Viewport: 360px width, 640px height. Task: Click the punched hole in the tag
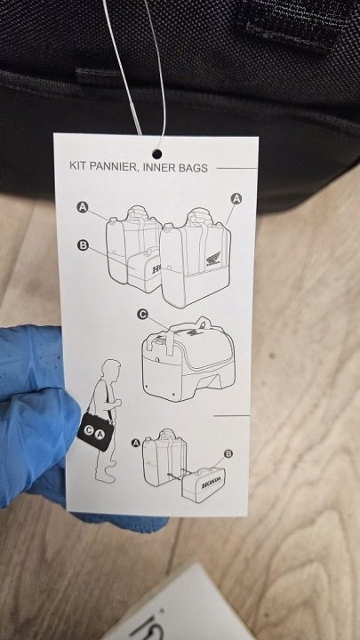coord(156,154)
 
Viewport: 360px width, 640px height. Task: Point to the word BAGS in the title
coord(193,168)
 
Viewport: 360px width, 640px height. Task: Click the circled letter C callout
coord(142,315)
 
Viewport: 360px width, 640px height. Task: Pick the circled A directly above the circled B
coord(83,207)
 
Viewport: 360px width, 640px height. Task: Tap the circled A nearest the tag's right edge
coord(236,199)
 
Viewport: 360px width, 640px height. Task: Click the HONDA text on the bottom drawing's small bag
coord(213,482)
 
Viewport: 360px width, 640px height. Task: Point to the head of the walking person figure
coord(112,369)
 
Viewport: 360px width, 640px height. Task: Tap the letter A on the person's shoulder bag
coord(100,435)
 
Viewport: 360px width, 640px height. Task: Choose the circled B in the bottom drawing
coord(228,453)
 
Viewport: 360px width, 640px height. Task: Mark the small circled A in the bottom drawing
coord(136,443)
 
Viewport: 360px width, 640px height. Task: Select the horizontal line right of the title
coord(236,168)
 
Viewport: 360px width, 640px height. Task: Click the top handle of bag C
coord(203,324)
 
